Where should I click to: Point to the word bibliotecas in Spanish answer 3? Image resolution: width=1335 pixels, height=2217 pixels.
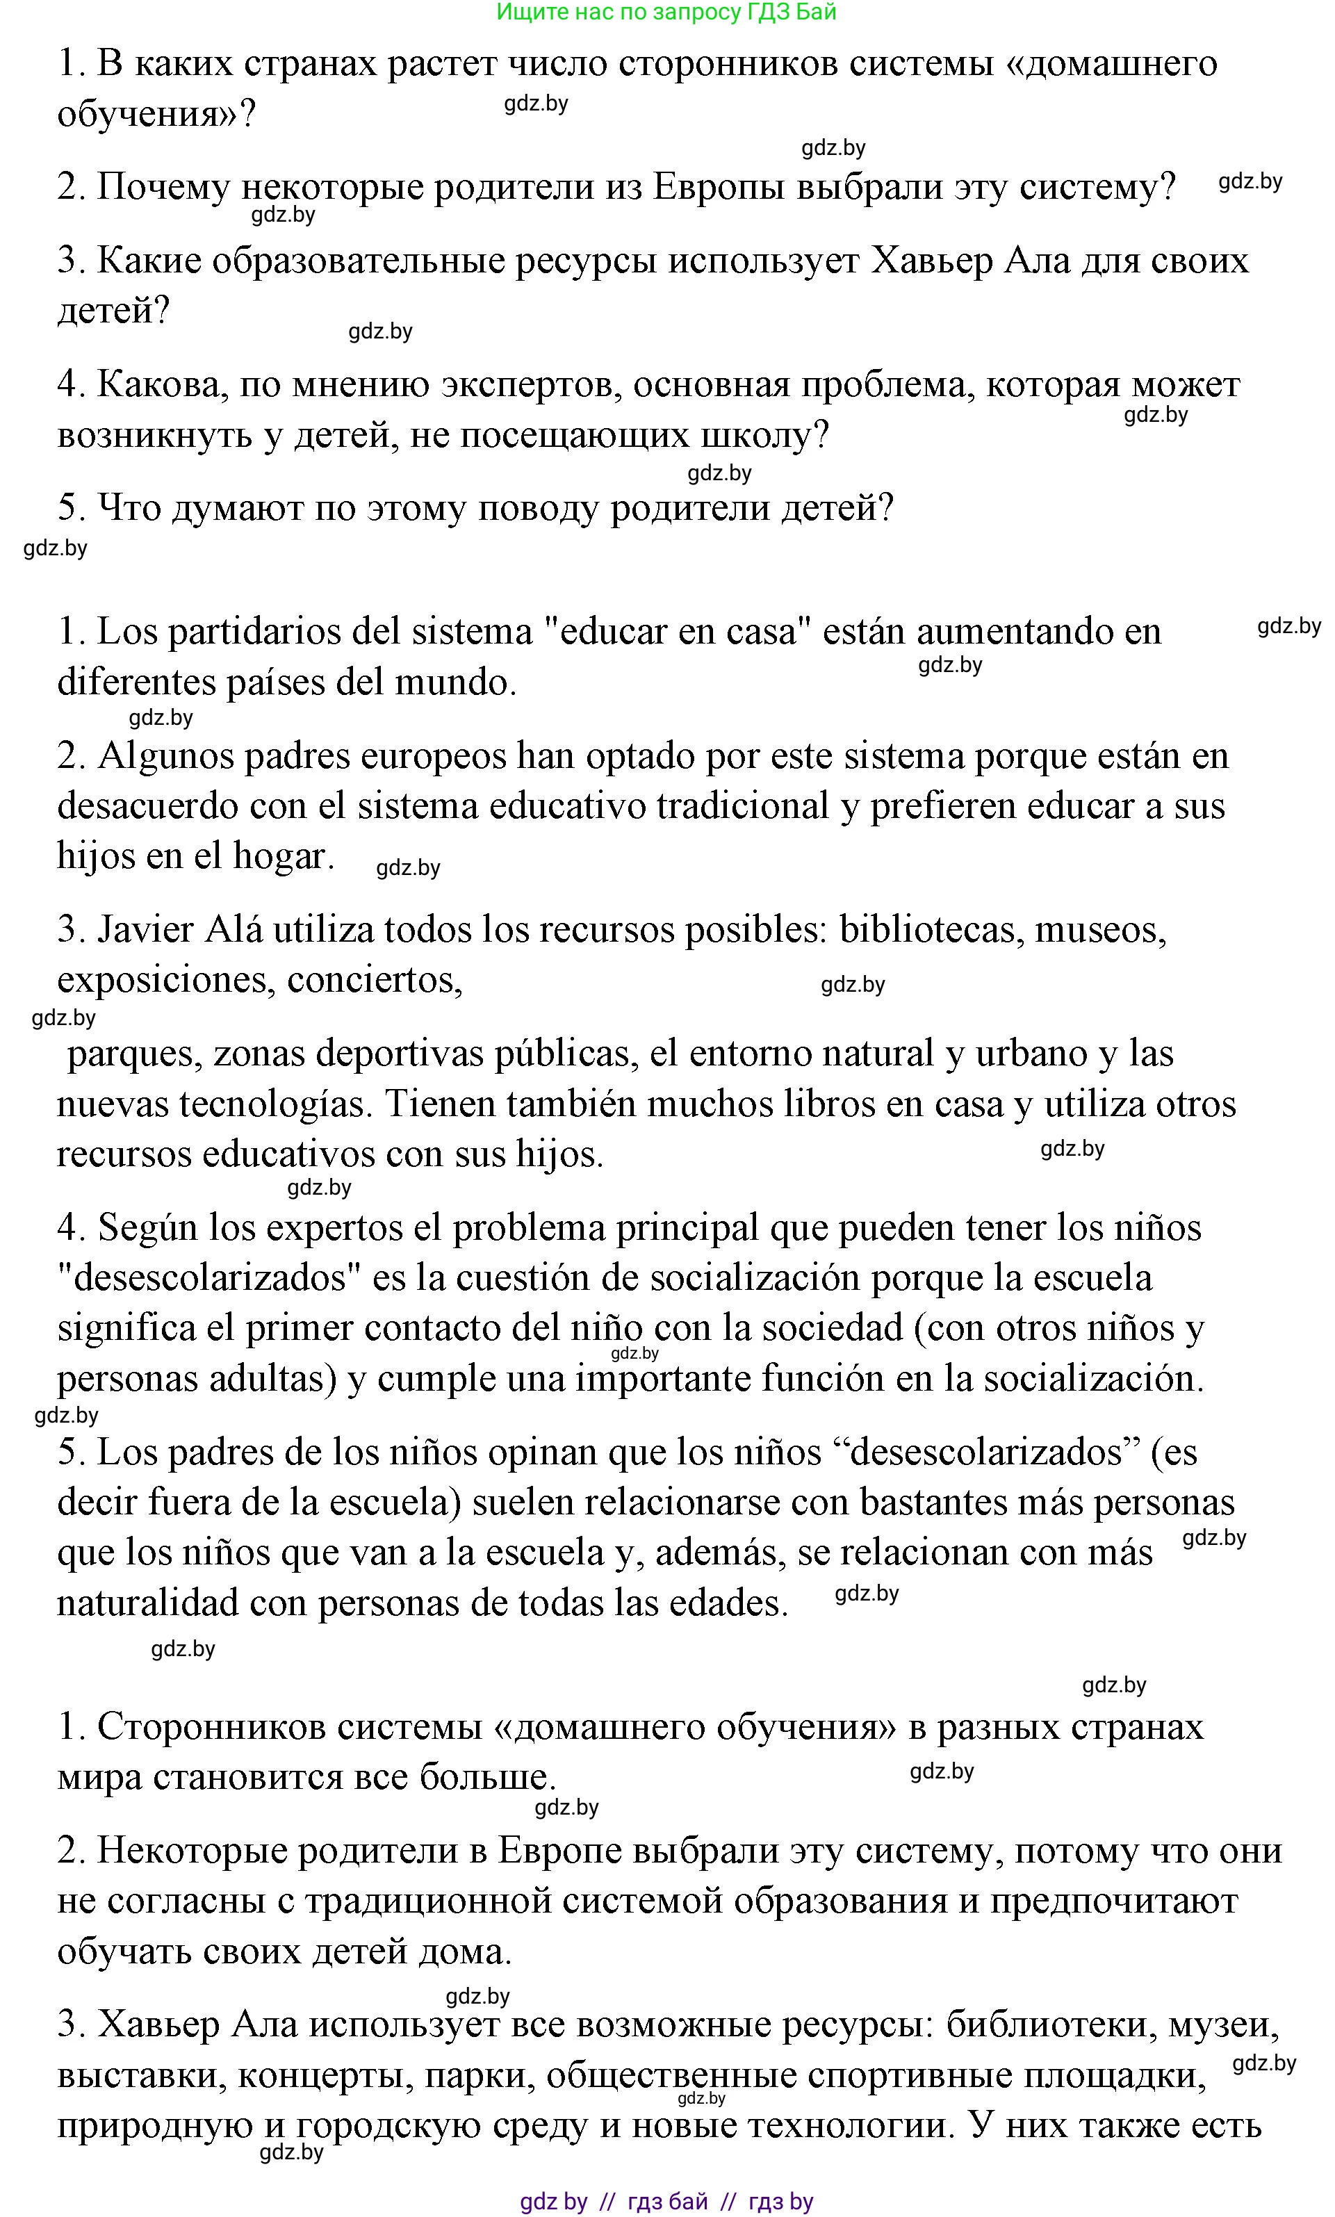[x=931, y=929]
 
